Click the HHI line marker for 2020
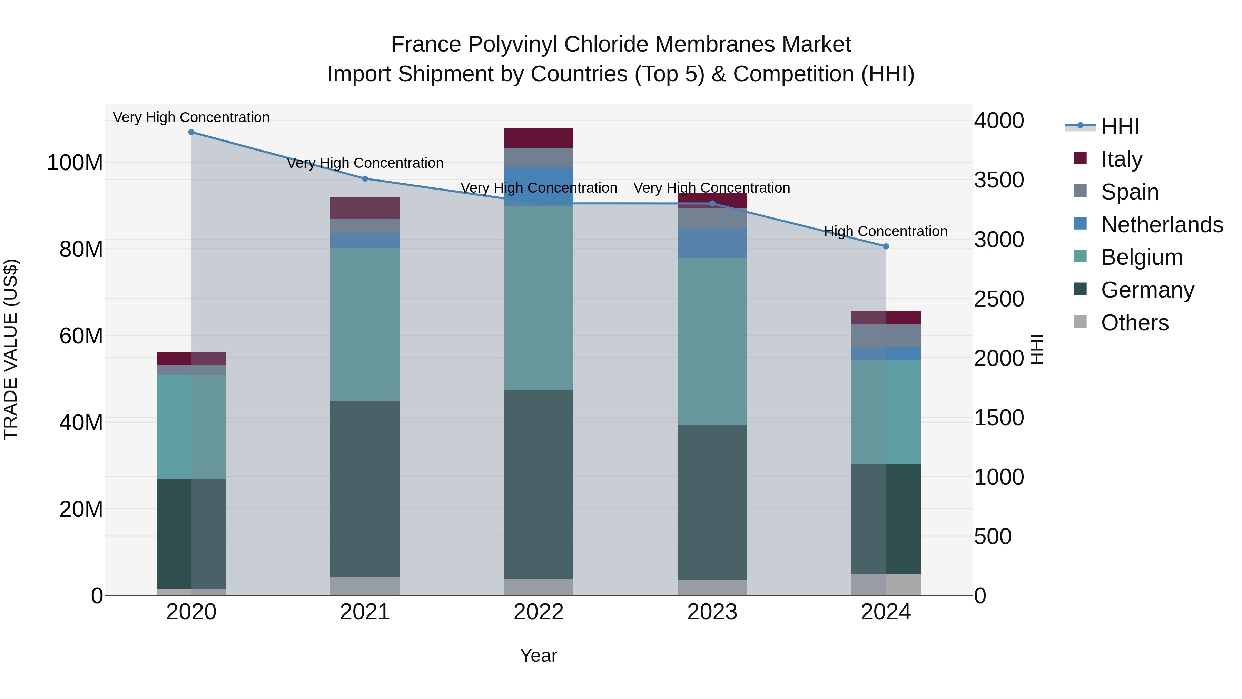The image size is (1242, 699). point(191,132)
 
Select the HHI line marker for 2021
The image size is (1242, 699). point(365,179)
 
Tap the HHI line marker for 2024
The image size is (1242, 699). point(886,246)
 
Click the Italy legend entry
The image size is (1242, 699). point(1122,159)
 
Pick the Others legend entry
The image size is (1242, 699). point(1134,322)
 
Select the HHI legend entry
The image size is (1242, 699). point(1120,126)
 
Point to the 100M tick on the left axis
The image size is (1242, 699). point(75,163)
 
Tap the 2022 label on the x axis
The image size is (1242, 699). point(539,612)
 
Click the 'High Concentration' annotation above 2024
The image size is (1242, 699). point(886,232)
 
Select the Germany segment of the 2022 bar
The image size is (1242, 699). point(539,485)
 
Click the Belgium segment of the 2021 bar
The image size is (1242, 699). point(365,325)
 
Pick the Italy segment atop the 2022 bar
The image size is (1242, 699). point(539,138)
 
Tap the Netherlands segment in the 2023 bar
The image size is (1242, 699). point(712,243)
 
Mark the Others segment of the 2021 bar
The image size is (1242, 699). point(365,586)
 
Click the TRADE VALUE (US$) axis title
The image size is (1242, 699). point(11,349)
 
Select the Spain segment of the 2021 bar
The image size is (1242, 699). point(365,226)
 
